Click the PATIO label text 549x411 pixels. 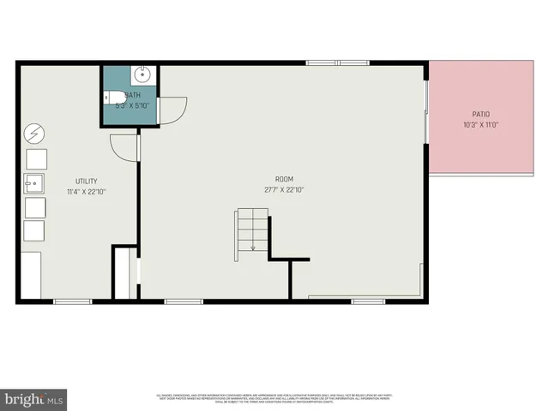coord(480,113)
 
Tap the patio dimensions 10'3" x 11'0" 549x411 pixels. coord(480,124)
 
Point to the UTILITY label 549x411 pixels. coord(86,181)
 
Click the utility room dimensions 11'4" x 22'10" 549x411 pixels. coord(86,192)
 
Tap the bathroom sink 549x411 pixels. coord(142,74)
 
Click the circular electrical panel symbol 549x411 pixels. coord(34,134)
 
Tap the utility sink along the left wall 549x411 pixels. coord(34,182)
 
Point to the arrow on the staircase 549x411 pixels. coord(254,246)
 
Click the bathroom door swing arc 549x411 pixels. coord(174,110)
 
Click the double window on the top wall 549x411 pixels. coord(338,63)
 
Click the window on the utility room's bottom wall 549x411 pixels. coord(73,301)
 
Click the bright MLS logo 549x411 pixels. coord(34,399)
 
